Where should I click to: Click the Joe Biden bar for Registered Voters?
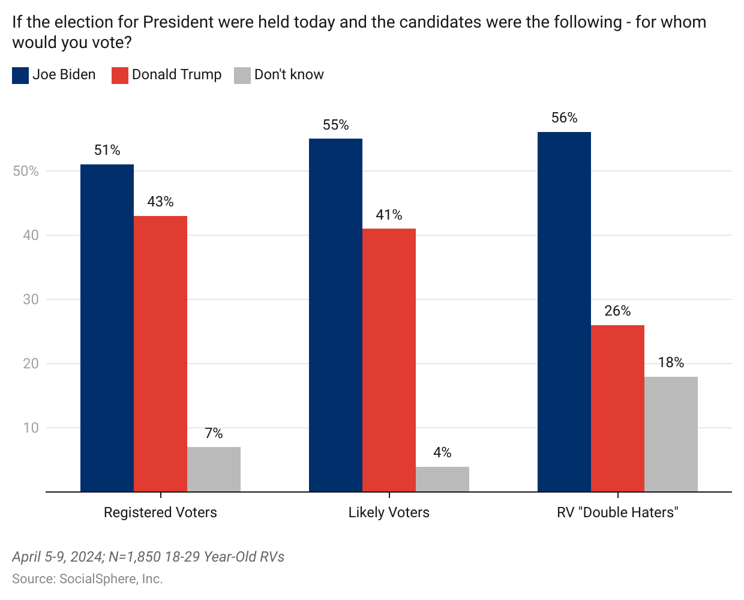(x=107, y=328)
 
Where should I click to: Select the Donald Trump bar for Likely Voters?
(x=389, y=360)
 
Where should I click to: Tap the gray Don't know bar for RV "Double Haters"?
(x=671, y=434)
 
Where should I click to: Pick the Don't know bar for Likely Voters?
(x=442, y=479)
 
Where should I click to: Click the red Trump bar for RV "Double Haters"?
(x=617, y=409)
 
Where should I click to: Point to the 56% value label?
(x=564, y=118)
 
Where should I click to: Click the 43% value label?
(x=160, y=202)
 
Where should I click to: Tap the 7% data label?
(x=214, y=433)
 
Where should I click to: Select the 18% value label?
(x=671, y=362)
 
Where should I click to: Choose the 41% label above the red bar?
(x=389, y=215)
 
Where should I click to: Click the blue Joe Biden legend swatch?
(x=20, y=75)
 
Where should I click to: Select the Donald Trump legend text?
(x=176, y=74)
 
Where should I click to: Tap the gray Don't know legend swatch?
(x=242, y=75)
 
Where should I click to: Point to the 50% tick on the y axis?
(x=26, y=171)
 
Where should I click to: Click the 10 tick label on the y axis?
(x=31, y=428)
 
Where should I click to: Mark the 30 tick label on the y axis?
(x=31, y=299)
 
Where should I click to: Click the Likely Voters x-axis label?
(x=389, y=512)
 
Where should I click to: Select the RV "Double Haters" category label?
(x=617, y=512)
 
